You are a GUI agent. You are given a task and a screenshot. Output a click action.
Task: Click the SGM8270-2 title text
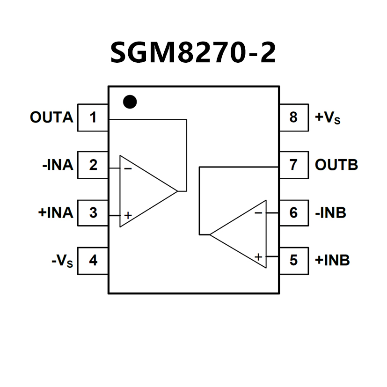pos(193,52)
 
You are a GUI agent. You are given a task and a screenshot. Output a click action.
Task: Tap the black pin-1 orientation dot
pos(130,102)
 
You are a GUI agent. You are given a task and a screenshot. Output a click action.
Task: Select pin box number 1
pos(93,117)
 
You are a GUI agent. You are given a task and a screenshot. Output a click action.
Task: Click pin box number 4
pos(93,260)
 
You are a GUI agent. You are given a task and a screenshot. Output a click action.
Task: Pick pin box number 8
pos(293,117)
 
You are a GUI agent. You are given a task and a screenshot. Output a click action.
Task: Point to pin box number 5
pos(293,260)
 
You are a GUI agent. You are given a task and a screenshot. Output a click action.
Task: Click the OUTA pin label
pos(51,117)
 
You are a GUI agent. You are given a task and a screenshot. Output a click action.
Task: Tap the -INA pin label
pos(58,165)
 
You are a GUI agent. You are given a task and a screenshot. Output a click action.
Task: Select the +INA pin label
pos(56,212)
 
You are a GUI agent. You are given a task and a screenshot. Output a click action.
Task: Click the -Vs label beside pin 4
pos(62,261)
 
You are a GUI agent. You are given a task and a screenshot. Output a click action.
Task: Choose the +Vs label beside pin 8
pos(328,117)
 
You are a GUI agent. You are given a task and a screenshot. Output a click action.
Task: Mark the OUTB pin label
pos(336,165)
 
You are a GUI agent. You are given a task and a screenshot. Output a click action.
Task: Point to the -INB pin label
pos(330,212)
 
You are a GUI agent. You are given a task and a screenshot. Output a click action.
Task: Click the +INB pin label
pos(332,260)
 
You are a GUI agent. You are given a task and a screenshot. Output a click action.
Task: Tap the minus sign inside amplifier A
pos(128,168)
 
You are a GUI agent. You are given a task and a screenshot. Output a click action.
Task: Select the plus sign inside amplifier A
pos(128,215)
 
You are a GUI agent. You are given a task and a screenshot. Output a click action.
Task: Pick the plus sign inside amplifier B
pos(258,256)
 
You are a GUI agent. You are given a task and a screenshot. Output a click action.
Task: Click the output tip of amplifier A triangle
pos(177,191)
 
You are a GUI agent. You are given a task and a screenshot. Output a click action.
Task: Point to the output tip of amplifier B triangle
pos(210,234)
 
